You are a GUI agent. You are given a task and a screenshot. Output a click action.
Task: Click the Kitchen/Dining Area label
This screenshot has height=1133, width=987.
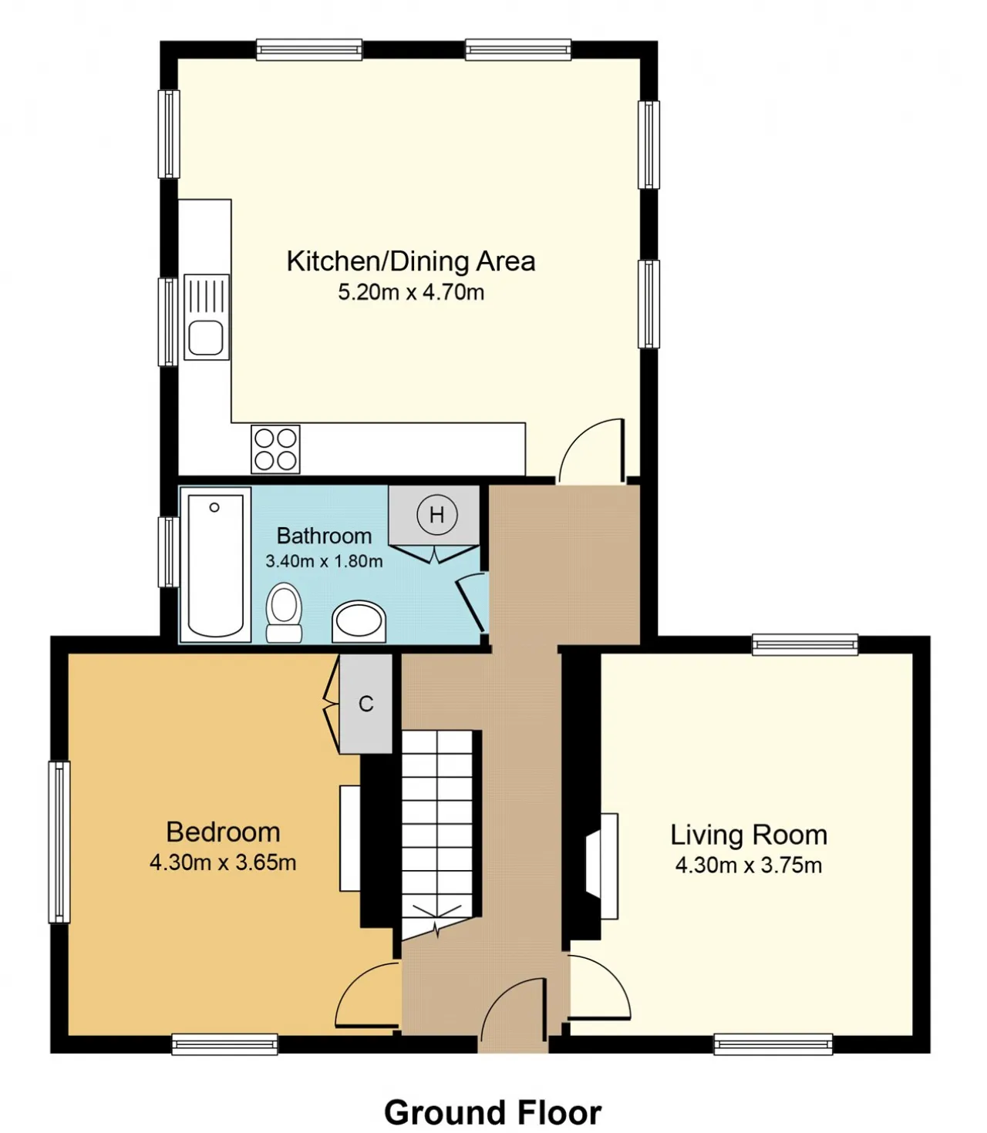click(410, 261)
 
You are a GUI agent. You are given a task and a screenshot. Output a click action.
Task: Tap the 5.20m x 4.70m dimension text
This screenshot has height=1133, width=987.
click(411, 292)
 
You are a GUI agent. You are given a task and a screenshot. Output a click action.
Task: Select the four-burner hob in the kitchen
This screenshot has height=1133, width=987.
click(275, 449)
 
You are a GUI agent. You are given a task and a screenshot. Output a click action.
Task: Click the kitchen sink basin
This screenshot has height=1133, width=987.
click(206, 338)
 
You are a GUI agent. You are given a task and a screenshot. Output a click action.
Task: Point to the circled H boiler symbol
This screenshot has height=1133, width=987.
click(436, 515)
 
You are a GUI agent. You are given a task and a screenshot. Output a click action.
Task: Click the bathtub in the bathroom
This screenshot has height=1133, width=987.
click(215, 566)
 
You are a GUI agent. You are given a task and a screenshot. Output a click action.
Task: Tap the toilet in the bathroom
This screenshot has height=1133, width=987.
click(284, 613)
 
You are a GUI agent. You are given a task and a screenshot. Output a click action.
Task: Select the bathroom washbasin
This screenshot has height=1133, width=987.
click(359, 622)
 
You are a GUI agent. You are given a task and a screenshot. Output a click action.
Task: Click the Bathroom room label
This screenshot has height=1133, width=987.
click(324, 536)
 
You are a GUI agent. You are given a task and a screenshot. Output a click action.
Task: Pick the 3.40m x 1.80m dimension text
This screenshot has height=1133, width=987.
click(324, 561)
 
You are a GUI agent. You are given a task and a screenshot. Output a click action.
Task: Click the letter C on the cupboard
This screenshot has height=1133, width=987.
click(365, 703)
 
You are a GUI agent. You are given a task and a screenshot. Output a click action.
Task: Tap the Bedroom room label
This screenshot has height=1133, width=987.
click(223, 832)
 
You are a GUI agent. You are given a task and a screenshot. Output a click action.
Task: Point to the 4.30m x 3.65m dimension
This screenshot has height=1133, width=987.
click(223, 862)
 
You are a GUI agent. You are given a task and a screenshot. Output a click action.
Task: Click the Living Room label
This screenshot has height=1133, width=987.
click(749, 835)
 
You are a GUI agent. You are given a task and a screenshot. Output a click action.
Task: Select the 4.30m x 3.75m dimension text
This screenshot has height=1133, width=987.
click(748, 865)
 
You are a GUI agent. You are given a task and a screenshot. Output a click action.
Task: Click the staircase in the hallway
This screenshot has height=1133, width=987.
click(437, 835)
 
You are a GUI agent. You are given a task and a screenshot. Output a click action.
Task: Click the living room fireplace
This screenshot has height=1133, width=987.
click(602, 866)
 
